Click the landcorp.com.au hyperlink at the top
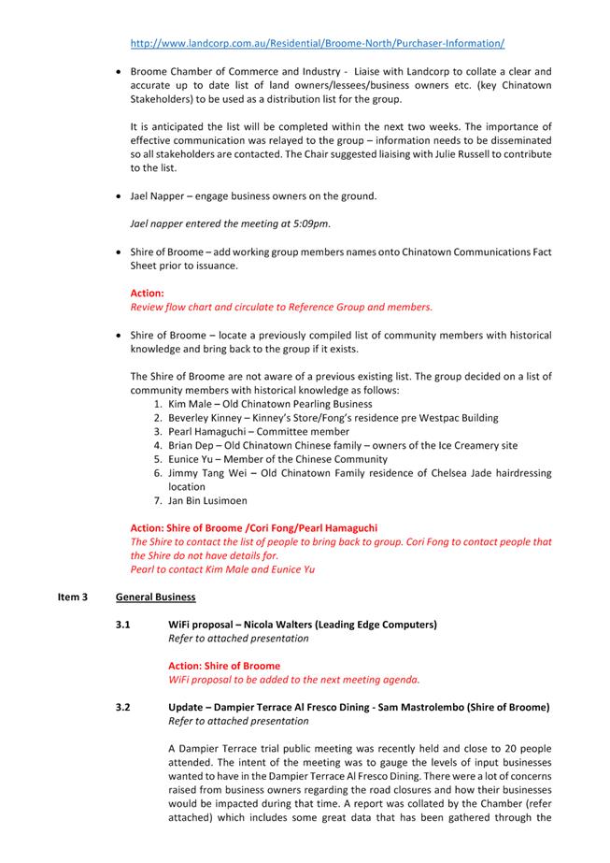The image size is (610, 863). [318, 43]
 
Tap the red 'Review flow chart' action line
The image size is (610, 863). [281, 307]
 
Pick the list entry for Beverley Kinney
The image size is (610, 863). [206, 418]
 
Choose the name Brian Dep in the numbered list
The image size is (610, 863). [192, 446]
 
